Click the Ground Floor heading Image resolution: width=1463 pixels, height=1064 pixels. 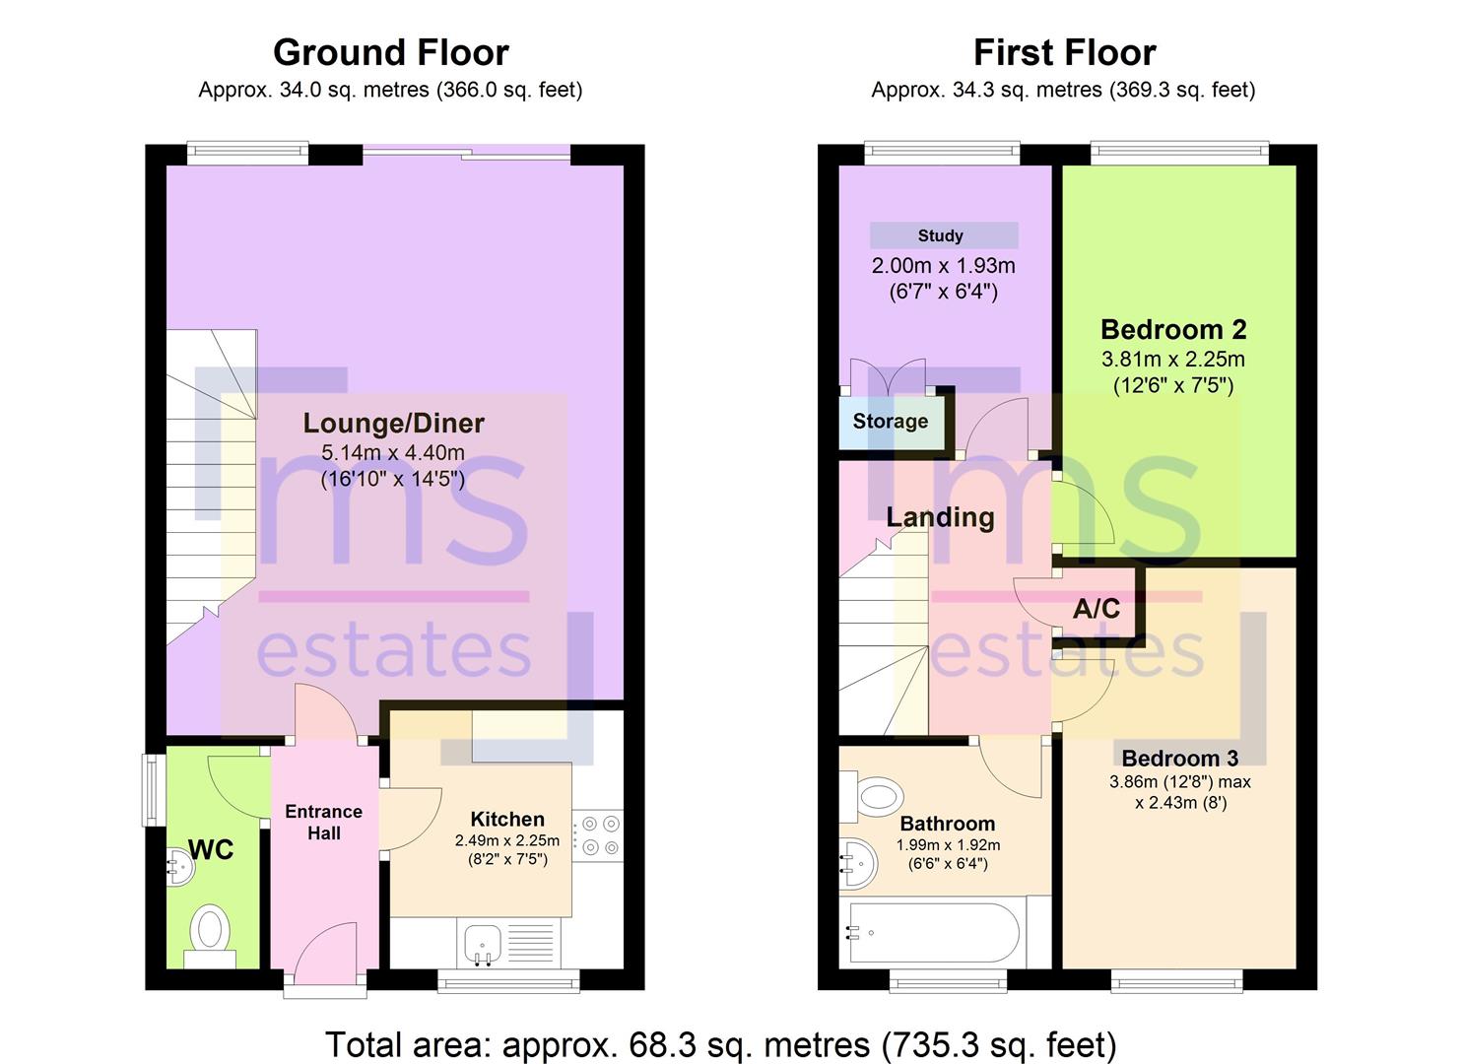click(x=390, y=53)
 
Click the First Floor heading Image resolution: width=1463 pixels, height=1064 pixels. click(x=1065, y=53)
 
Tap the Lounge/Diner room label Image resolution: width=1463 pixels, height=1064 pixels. click(x=393, y=424)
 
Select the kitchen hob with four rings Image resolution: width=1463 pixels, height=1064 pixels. click(x=598, y=835)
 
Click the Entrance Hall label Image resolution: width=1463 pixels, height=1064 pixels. click(x=324, y=823)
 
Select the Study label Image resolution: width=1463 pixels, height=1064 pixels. click(x=941, y=235)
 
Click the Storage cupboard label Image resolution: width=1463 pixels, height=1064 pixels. click(x=891, y=422)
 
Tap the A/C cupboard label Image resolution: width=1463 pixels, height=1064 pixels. click(x=1097, y=609)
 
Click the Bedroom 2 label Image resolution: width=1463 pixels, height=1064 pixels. click(x=1173, y=330)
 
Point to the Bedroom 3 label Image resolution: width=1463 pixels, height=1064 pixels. click(x=1179, y=759)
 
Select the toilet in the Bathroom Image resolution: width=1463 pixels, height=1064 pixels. click(x=872, y=797)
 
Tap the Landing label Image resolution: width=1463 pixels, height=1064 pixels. click(x=941, y=517)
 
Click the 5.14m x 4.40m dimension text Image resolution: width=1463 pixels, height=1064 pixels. click(x=393, y=452)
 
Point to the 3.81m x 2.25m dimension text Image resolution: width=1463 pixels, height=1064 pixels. click(x=1173, y=359)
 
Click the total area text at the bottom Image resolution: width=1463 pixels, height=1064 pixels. click(x=720, y=1044)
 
